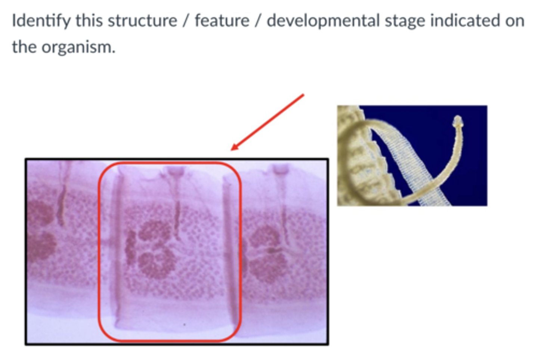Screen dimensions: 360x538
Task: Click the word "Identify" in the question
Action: pyautogui.click(x=40, y=21)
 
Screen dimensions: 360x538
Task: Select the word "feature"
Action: pyautogui.click(x=222, y=21)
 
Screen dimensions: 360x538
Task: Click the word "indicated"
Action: pyautogui.click(x=465, y=21)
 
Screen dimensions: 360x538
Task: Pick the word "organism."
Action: pyautogui.click(x=78, y=47)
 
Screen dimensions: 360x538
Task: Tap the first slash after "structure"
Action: pyautogui.click(x=185, y=21)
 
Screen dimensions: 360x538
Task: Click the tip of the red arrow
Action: pyautogui.click(x=232, y=150)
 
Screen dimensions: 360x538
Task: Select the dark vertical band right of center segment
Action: pyautogui.click(x=229, y=246)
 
